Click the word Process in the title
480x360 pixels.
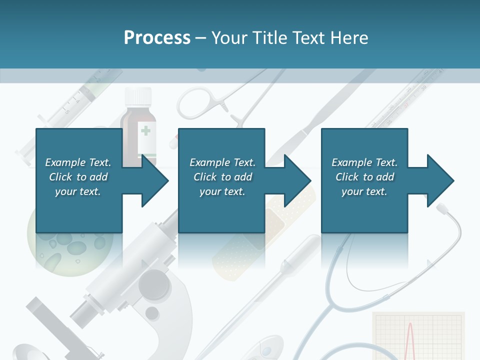pyautogui.click(x=157, y=38)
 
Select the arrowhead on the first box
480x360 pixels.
pyautogui.click(x=154, y=180)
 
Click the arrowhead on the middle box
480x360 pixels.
pyautogui.click(x=297, y=180)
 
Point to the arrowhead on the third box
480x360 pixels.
pyautogui.click(x=440, y=180)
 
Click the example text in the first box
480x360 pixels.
pyautogui.click(x=78, y=176)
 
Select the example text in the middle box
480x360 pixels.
pyautogui.click(x=222, y=176)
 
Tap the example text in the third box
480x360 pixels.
pyautogui.click(x=364, y=176)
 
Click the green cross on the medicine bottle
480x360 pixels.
pyautogui.click(x=145, y=131)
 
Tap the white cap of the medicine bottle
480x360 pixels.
pyautogui.click(x=138, y=95)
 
